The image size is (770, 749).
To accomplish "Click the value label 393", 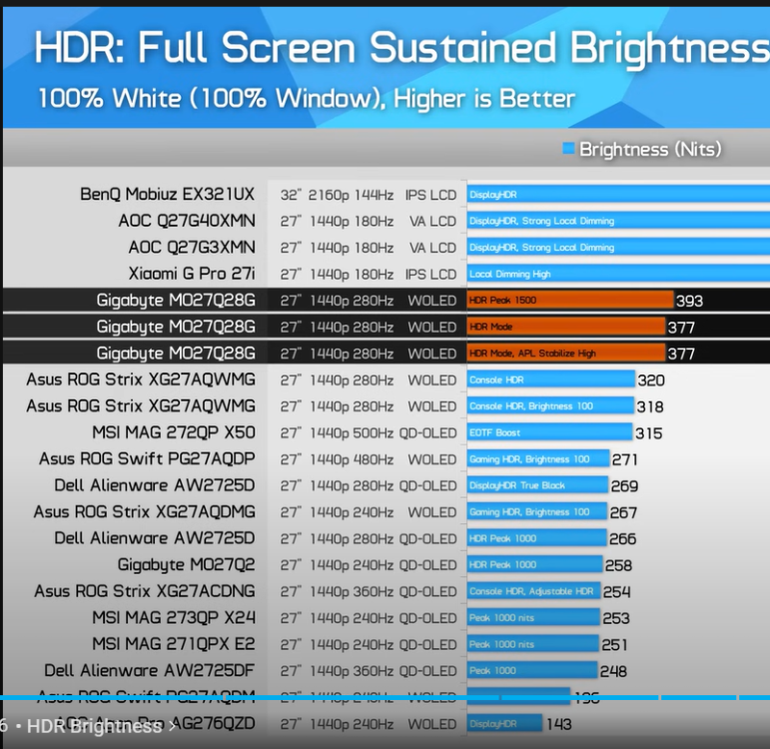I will pyautogui.click(x=689, y=301).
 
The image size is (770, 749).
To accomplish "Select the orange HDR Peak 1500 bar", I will pyautogui.click(x=570, y=300).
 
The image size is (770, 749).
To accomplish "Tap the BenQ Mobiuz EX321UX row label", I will pyautogui.click(x=167, y=195).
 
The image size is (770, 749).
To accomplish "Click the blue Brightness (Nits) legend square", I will pyautogui.click(x=568, y=149).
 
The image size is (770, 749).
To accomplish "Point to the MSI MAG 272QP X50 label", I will pyautogui.click(x=174, y=432).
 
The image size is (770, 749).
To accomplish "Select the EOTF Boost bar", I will pyautogui.click(x=549, y=432).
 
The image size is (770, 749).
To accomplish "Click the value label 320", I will pyautogui.click(x=651, y=380).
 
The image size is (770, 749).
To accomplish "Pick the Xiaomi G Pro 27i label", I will pyautogui.click(x=192, y=274).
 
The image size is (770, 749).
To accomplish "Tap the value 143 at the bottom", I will pyautogui.click(x=559, y=724).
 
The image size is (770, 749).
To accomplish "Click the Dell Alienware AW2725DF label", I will pyautogui.click(x=150, y=671).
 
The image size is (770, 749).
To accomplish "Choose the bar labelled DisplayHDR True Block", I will pyautogui.click(x=537, y=485).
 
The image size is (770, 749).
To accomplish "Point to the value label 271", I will pyautogui.click(x=625, y=459).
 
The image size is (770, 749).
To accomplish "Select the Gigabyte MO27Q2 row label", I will pyautogui.click(x=186, y=565).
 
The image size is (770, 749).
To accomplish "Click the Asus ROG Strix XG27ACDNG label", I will pyautogui.click(x=145, y=591).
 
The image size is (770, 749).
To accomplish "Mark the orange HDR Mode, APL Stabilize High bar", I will pyautogui.click(x=565, y=353).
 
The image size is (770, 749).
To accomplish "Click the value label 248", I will pyautogui.click(x=613, y=671).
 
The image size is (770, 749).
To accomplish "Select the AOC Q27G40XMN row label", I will pyautogui.click(x=186, y=221).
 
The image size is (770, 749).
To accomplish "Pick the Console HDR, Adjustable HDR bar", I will pyautogui.click(x=534, y=591).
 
